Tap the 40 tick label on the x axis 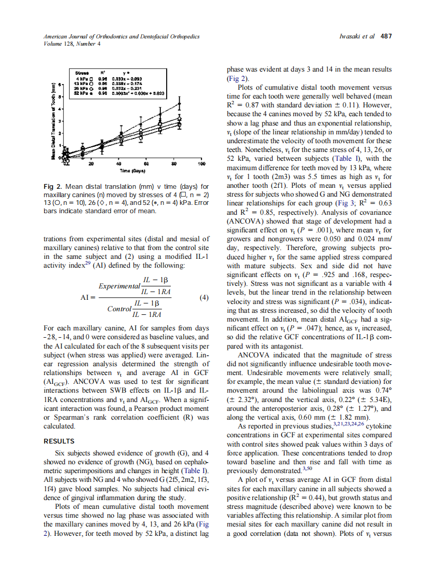pos(118,163)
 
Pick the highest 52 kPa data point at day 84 pos(179,104)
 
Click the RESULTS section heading pos(59,442)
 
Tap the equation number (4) pos(204,298)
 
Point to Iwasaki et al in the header pos(357,36)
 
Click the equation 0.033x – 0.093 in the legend pos(128,78)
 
